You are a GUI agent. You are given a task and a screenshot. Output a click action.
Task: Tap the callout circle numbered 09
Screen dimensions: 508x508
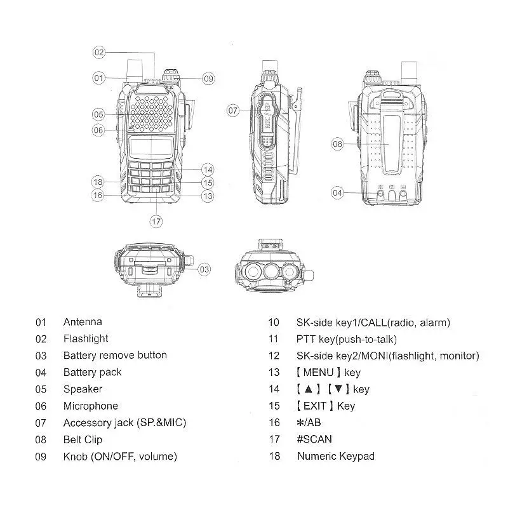(x=209, y=79)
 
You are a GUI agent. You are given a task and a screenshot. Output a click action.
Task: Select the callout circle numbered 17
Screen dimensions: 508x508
(x=156, y=221)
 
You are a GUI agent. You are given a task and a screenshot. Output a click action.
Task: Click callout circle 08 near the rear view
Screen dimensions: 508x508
(x=337, y=144)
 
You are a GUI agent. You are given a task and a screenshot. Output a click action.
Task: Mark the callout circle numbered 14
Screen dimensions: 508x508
(x=208, y=170)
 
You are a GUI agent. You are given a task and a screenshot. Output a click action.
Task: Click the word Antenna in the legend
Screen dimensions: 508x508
(x=82, y=322)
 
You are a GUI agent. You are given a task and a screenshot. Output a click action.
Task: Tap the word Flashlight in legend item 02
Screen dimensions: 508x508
(x=86, y=338)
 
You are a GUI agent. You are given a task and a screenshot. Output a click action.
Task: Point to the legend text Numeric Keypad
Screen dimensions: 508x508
(x=335, y=456)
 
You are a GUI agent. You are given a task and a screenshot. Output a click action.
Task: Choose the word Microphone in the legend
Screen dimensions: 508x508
(x=90, y=406)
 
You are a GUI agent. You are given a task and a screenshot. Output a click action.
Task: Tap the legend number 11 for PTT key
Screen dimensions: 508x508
(x=274, y=339)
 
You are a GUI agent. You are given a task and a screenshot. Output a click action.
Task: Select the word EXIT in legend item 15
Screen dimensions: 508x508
(x=315, y=406)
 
